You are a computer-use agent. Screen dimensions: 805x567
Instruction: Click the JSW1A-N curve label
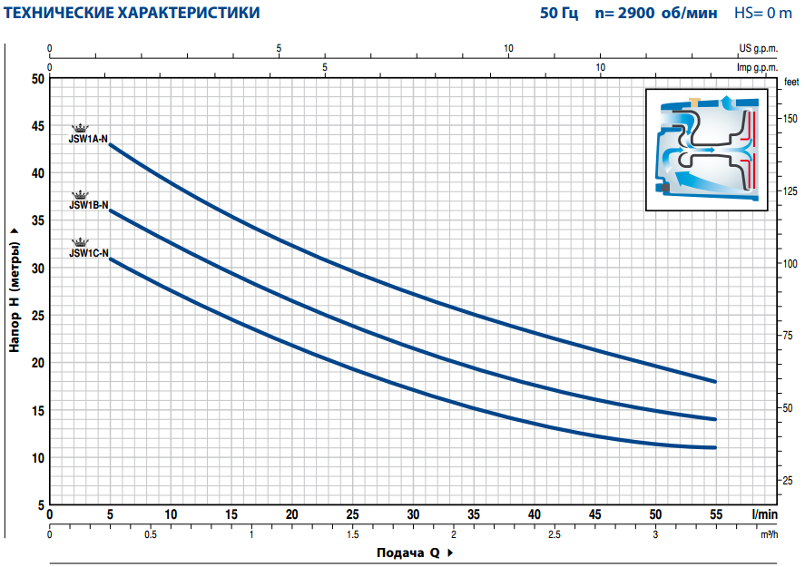point(88,139)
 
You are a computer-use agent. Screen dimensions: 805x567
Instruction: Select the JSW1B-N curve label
point(89,205)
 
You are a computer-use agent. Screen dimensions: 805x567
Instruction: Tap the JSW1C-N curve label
point(89,253)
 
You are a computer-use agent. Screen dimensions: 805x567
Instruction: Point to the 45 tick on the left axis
point(38,126)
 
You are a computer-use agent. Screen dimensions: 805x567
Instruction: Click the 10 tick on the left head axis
point(38,458)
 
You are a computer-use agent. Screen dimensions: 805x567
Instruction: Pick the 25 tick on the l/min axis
point(352,514)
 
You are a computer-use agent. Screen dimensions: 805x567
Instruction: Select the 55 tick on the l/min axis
point(716,514)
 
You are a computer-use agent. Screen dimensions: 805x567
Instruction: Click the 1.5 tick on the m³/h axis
point(353,534)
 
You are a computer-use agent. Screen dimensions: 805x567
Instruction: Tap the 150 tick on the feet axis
point(790,119)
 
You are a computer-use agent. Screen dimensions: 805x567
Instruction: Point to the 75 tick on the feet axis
point(787,336)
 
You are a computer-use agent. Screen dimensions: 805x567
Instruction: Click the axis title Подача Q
point(408,552)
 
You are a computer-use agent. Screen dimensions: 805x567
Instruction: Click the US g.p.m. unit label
point(759,48)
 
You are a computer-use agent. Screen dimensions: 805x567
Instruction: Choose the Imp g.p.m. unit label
point(757,67)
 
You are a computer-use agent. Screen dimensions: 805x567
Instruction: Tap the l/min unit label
point(764,514)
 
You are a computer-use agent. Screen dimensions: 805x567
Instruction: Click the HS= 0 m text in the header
point(763,13)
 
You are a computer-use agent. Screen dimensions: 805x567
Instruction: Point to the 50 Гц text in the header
point(558,13)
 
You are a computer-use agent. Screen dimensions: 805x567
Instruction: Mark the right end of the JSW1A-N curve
point(714,382)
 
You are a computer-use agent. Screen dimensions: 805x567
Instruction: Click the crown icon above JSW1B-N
point(80,194)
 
